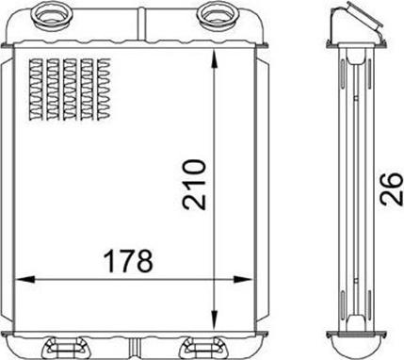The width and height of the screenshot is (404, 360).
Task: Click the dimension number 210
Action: [x=195, y=185]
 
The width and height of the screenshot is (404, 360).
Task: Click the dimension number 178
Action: [x=129, y=261]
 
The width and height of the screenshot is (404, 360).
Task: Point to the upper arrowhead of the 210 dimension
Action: [x=214, y=59]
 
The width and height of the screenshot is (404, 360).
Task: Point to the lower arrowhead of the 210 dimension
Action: [x=214, y=319]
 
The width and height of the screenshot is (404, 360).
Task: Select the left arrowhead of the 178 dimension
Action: [x=24, y=279]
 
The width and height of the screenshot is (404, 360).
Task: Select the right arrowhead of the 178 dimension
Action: [x=243, y=279]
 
